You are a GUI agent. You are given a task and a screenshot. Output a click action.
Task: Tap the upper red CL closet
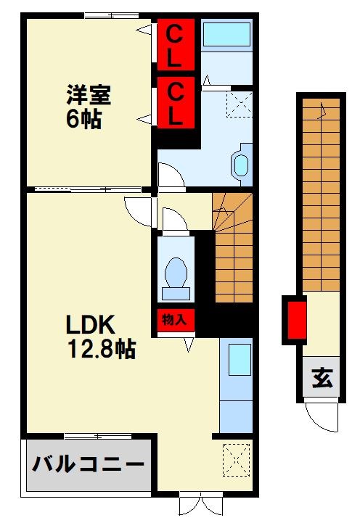coord(176,45)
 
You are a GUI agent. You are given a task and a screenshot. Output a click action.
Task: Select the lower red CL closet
coord(176,103)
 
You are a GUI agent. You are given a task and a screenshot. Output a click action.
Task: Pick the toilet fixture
coord(175,276)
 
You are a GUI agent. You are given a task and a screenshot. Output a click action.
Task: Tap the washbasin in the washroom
coord(240,165)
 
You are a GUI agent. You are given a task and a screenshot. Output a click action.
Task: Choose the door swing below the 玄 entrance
coord(319,415)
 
